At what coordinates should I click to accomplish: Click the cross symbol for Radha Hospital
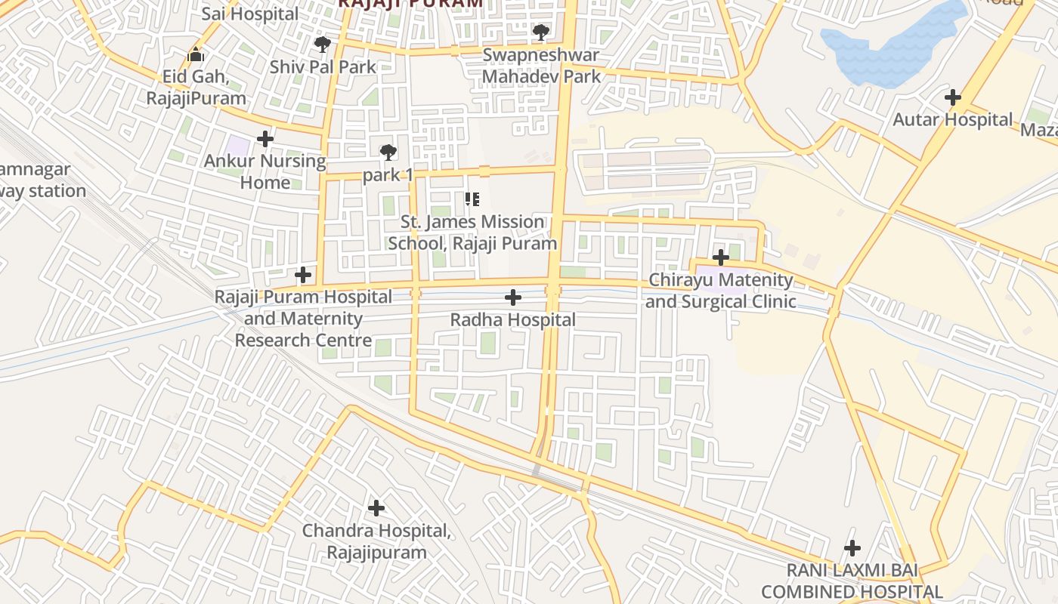click(x=513, y=297)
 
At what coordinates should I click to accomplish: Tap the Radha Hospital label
click(x=513, y=320)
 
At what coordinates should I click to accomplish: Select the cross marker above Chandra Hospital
click(x=376, y=508)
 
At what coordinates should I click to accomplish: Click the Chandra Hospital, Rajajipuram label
click(x=376, y=541)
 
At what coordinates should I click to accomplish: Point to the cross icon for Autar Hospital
click(x=953, y=97)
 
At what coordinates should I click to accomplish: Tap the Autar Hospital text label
click(x=952, y=119)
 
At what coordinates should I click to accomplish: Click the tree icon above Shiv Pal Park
click(x=323, y=45)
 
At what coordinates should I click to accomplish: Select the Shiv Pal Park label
click(x=323, y=66)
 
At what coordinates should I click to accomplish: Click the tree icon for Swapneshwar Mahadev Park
click(x=540, y=32)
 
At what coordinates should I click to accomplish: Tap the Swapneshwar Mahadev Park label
click(x=541, y=66)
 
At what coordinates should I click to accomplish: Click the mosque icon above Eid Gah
click(x=196, y=55)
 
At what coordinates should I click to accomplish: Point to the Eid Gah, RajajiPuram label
click(x=196, y=88)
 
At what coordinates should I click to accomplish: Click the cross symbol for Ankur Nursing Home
click(x=265, y=139)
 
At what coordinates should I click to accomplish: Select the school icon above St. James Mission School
click(x=472, y=199)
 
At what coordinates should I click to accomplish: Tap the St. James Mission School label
click(x=472, y=233)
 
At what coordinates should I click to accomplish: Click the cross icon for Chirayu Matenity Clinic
click(x=721, y=257)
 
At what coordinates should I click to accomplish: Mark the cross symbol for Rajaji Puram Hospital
click(x=303, y=275)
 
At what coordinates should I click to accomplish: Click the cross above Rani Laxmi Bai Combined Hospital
click(x=852, y=548)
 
